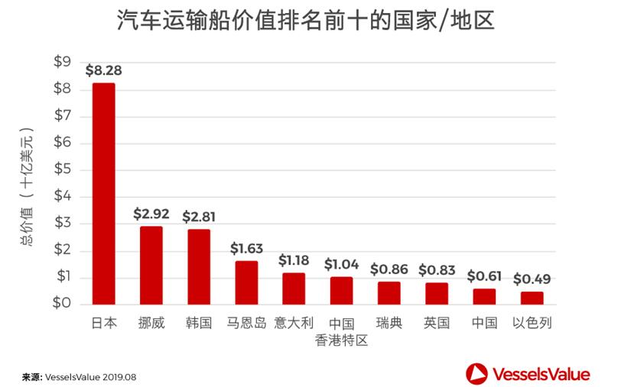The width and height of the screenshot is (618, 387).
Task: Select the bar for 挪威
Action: click(151, 265)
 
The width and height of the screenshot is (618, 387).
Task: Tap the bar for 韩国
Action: click(198, 266)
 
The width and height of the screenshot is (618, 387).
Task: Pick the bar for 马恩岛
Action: click(246, 282)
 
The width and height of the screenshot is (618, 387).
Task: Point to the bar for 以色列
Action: click(532, 298)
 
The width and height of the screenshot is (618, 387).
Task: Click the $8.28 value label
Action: click(103, 71)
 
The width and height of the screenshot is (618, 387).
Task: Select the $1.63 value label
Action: click(246, 249)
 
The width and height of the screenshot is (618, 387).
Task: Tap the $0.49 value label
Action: click(532, 279)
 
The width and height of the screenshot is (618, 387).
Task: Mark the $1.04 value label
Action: click(341, 264)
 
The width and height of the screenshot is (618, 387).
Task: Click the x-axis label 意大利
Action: click(294, 323)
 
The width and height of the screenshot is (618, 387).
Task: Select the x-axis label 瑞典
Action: click(389, 323)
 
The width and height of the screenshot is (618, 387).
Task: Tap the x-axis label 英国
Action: click(436, 323)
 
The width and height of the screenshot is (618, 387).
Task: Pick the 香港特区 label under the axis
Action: click(341, 340)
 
